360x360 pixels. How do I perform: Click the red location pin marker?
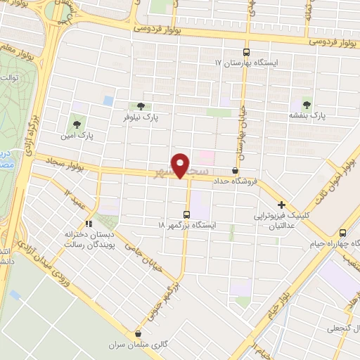click(181, 165)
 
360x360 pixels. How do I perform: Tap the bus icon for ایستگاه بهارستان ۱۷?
click(245, 52)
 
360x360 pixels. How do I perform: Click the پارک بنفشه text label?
click(308, 113)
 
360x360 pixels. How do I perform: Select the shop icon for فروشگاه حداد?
click(235, 171)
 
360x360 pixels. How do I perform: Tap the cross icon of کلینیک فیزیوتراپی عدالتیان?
click(281, 205)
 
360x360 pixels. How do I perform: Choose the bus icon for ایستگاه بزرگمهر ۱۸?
click(186, 214)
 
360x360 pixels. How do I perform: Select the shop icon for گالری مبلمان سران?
click(138, 334)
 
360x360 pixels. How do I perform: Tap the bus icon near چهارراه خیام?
click(342, 233)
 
